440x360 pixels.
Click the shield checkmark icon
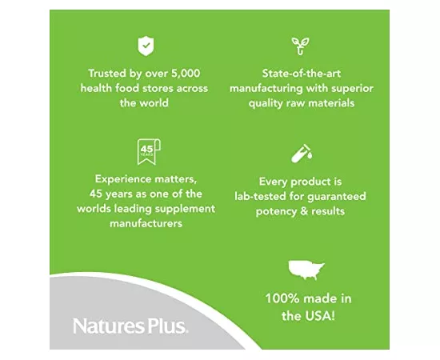pyautogui.click(x=145, y=46)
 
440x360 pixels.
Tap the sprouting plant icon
pyautogui.click(x=301, y=46)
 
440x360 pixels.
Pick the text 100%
pyautogui.click(x=282, y=298)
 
